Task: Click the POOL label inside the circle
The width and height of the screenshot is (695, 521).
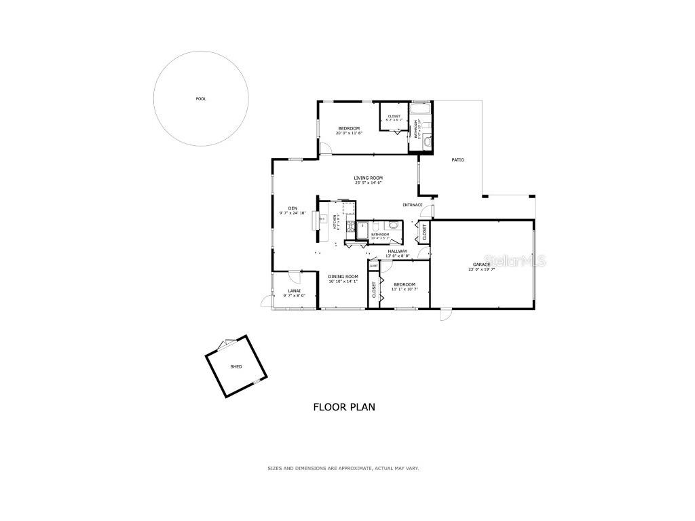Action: (x=201, y=99)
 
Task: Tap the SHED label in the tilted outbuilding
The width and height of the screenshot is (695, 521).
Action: (x=236, y=366)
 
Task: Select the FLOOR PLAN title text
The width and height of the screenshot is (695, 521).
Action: (x=344, y=407)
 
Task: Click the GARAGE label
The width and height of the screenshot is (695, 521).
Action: (x=482, y=264)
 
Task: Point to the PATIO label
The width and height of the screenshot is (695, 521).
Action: (x=458, y=160)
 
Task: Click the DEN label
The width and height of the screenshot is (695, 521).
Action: (x=293, y=208)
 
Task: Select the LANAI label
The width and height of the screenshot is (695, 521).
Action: (x=293, y=290)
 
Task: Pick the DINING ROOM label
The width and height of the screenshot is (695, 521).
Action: (x=343, y=276)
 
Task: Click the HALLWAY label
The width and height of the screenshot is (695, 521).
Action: (x=398, y=251)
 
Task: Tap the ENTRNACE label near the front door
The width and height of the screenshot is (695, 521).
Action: (x=413, y=205)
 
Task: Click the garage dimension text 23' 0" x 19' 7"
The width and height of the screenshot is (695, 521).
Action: (x=482, y=269)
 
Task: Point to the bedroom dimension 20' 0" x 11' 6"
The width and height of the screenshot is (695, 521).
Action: (x=349, y=133)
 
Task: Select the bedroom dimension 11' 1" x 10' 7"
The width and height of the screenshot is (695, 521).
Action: (x=405, y=290)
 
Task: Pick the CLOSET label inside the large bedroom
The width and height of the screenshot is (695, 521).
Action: (x=394, y=117)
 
